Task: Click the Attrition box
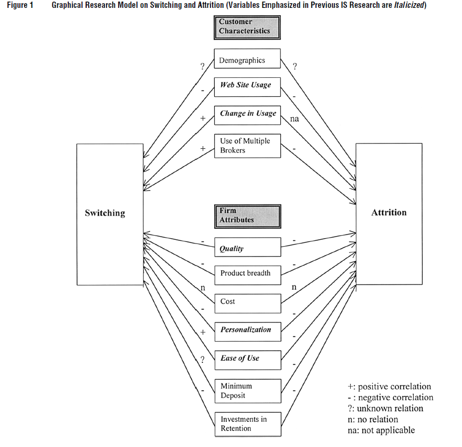(388, 213)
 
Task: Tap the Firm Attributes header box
(247, 216)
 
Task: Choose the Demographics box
(247, 60)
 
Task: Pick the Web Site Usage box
(247, 86)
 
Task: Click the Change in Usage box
(247, 114)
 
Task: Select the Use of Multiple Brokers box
(247, 146)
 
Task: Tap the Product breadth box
(247, 273)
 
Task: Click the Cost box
(247, 302)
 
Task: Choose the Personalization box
(247, 330)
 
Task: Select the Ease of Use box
(247, 359)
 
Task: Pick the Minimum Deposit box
(247, 391)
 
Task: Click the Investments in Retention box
(247, 424)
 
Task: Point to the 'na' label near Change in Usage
(295, 119)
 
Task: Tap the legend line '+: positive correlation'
(389, 387)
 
